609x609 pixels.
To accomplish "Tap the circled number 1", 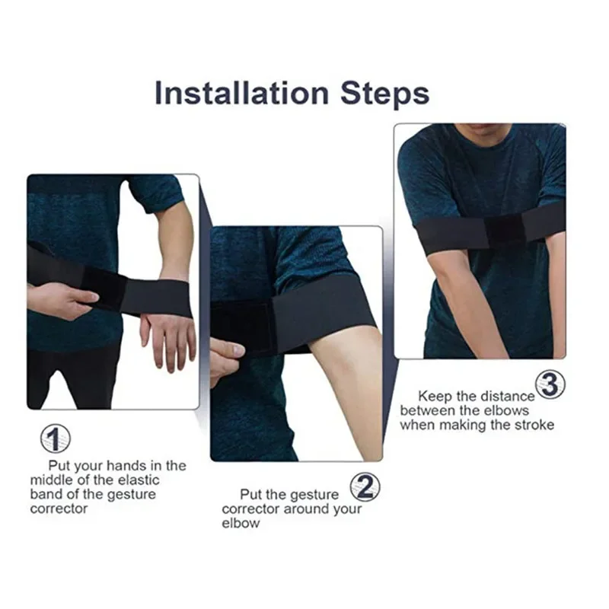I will pos(55,438).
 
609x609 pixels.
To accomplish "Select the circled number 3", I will pos(550,384).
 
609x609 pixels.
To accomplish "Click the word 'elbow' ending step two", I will pos(241,523).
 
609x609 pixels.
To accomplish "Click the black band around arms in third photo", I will pos(487,229).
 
